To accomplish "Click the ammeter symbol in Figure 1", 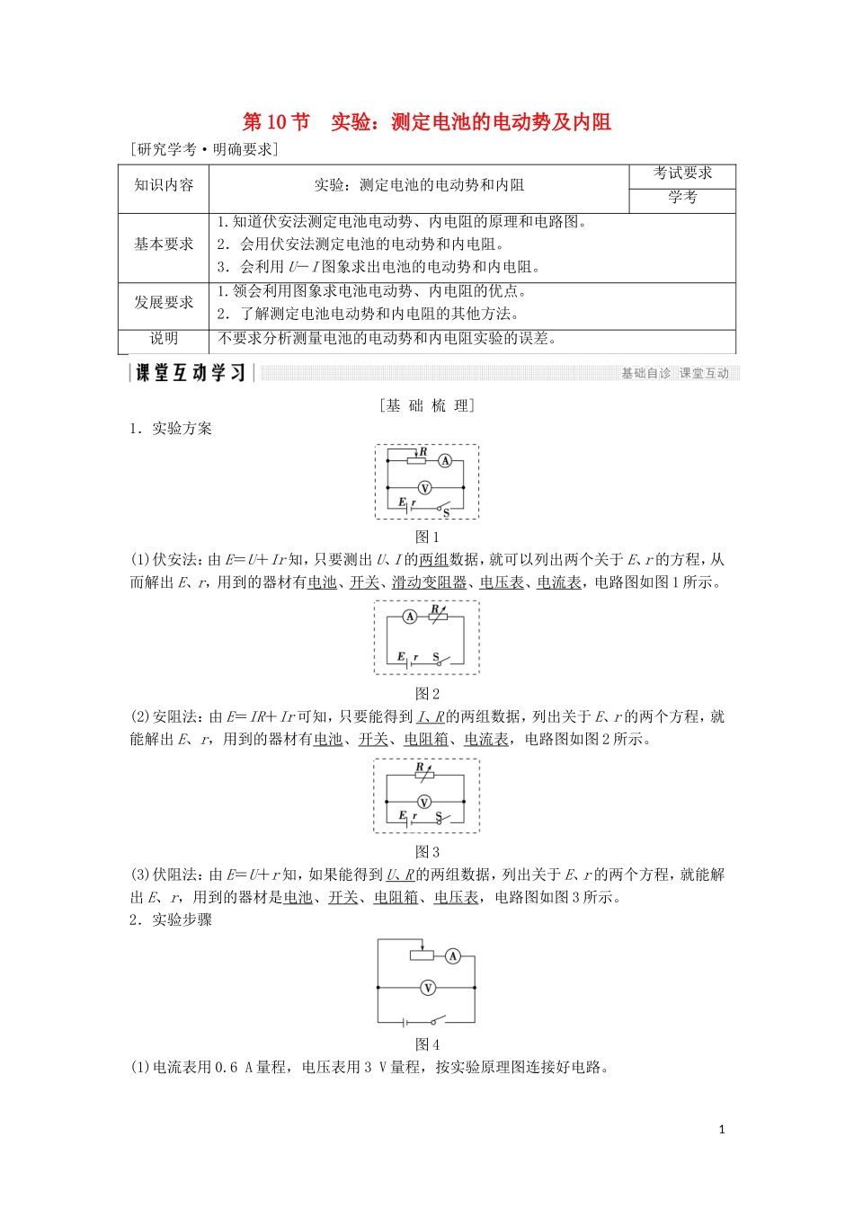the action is [x=445, y=460].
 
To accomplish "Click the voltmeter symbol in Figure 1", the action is [x=425, y=488].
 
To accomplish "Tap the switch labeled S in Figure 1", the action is [x=441, y=509].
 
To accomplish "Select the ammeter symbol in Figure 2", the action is [x=410, y=617].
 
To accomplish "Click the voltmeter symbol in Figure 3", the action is [x=424, y=802].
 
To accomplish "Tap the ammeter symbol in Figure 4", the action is [x=453, y=956].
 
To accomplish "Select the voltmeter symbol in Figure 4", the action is [x=428, y=988].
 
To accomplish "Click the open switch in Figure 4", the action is [x=437, y=1021].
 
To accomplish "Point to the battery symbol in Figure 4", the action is [x=406, y=1022].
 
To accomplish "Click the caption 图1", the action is [x=427, y=537].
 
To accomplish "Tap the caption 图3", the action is [x=427, y=852].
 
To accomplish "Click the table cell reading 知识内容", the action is [x=164, y=185].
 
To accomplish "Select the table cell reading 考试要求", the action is [x=682, y=173].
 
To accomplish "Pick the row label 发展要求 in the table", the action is [x=164, y=302].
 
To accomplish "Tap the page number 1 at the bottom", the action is [x=722, y=1130].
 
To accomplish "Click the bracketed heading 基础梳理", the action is [x=427, y=405].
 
